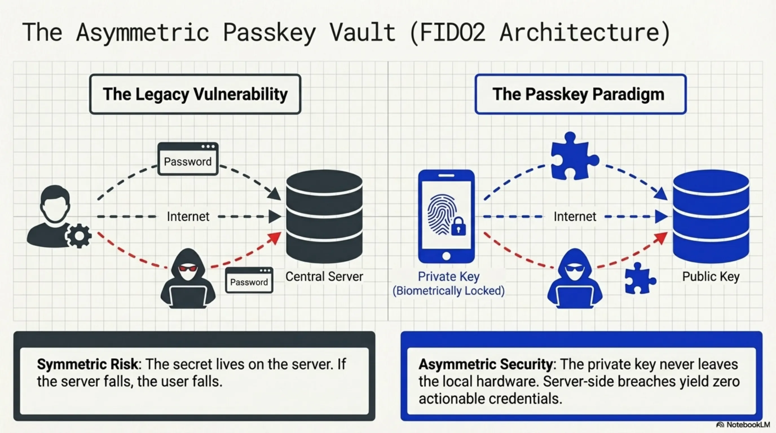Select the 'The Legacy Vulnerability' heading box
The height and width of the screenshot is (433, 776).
click(195, 94)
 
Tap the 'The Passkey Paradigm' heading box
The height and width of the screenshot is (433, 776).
click(580, 94)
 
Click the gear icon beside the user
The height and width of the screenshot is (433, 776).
click(79, 236)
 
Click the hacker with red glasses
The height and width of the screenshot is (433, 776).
click(188, 279)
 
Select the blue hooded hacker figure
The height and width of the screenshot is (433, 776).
click(575, 279)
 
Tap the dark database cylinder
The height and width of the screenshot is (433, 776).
click(324, 216)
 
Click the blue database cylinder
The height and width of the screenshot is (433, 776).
click(711, 216)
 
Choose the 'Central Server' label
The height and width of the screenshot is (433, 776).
click(324, 277)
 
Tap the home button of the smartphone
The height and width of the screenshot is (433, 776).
click(446, 256)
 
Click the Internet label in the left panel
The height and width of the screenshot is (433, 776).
click(188, 216)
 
